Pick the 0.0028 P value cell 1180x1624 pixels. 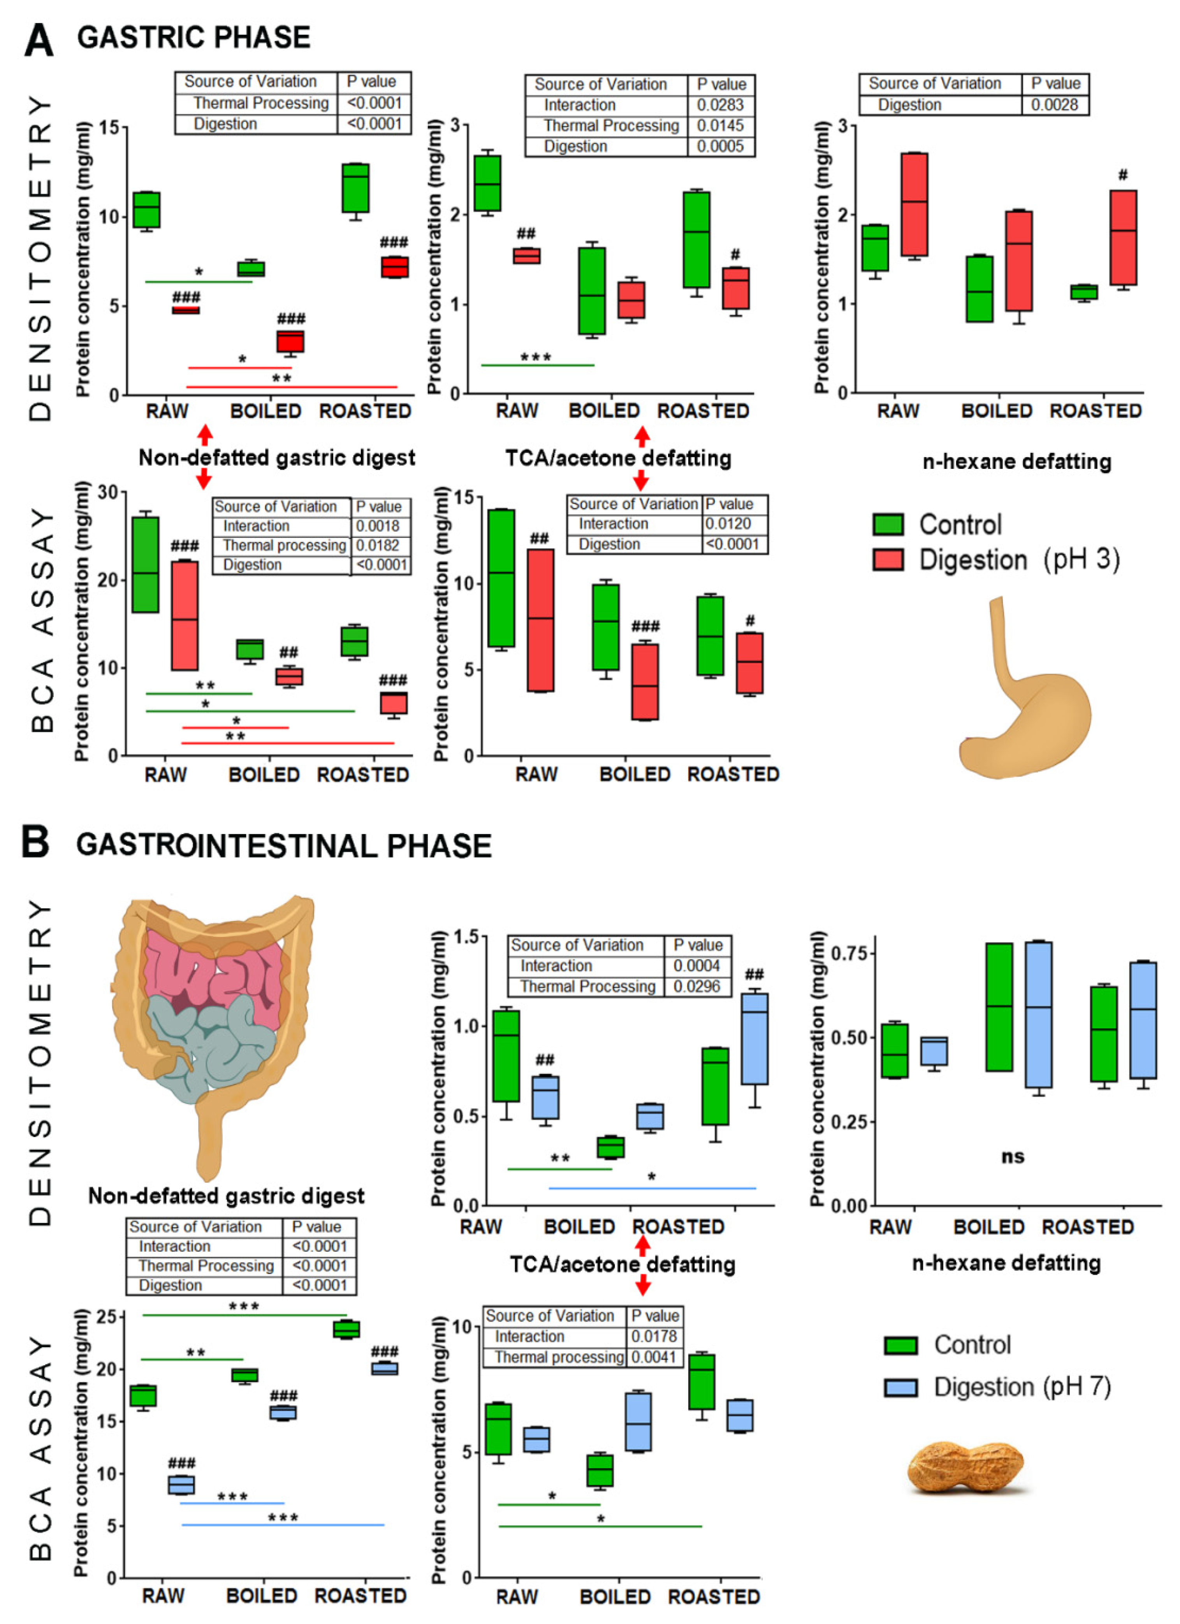[1055, 104]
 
